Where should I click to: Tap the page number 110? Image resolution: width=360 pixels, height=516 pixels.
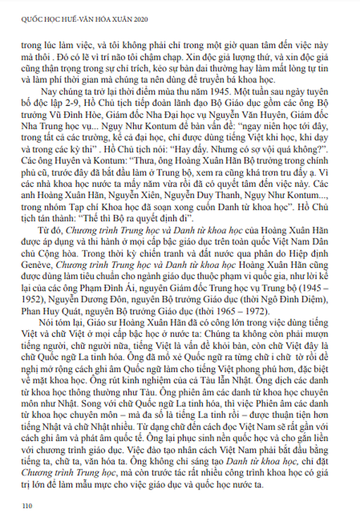pyautogui.click(x=26, y=505)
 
